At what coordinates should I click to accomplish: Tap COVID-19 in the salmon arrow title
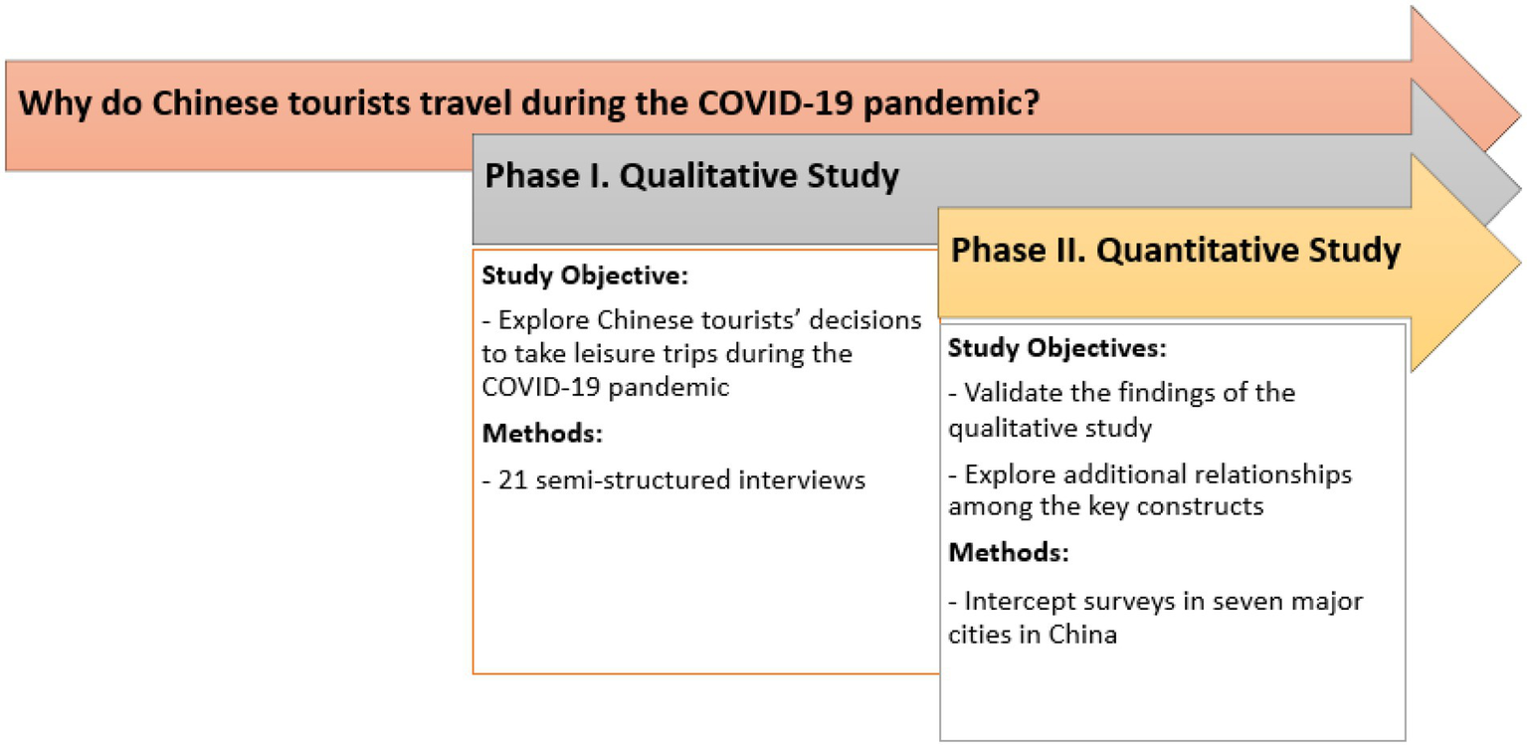pos(775,102)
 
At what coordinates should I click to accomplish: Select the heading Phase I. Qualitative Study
pos(692,176)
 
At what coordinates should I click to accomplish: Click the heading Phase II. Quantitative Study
pos(1175,250)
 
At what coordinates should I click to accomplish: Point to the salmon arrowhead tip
pos(1519,115)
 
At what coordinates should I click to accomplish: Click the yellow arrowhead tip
pos(1519,261)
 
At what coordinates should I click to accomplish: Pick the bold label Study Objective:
pos(585,277)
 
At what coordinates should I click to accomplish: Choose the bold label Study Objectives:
pos(1056,348)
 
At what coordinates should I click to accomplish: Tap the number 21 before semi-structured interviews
pos(512,479)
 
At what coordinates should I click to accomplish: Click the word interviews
pos(802,479)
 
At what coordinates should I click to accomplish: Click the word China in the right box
pos(1082,635)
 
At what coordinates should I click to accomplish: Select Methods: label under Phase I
pos(542,434)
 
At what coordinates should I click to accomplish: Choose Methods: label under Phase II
pos(1009,552)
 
